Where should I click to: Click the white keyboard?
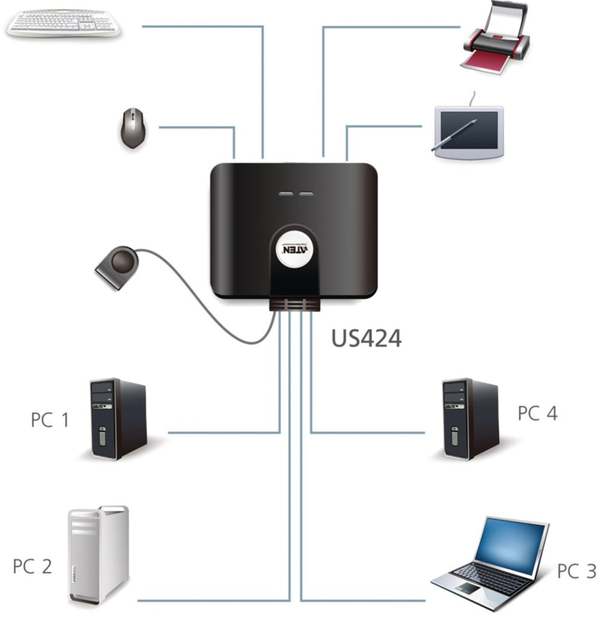tap(63, 23)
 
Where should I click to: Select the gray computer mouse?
tap(133, 127)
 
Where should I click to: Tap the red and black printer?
tap(495, 46)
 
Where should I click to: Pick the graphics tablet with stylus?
tap(467, 132)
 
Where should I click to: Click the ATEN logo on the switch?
tap(295, 250)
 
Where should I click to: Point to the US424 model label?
tap(366, 338)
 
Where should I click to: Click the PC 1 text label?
tap(50, 419)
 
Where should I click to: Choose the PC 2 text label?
tap(32, 566)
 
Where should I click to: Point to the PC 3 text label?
tap(576, 571)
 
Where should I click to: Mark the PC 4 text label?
tap(538, 413)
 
